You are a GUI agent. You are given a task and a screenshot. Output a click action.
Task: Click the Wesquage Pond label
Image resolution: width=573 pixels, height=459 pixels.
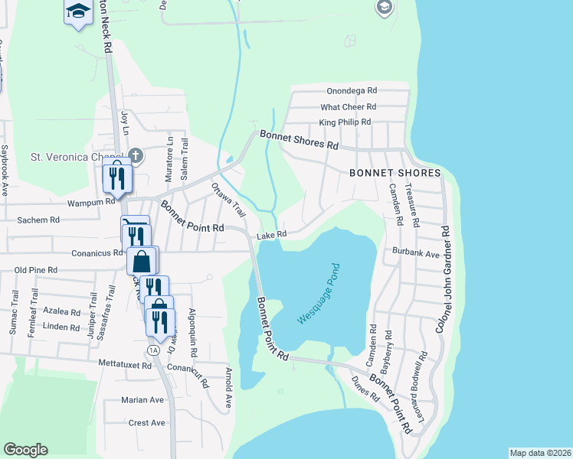319,293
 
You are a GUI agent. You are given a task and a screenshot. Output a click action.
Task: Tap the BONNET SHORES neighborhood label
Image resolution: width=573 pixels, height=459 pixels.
395,173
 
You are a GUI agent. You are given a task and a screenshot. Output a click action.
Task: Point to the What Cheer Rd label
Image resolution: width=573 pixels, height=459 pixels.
349,107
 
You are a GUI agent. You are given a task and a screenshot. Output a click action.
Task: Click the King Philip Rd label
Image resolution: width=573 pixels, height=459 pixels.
345,122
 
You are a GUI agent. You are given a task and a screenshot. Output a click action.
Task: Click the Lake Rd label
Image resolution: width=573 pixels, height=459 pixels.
271,235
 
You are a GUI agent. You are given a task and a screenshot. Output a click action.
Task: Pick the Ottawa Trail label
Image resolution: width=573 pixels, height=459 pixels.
227,198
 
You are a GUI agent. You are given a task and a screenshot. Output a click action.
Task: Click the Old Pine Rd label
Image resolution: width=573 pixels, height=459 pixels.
36,270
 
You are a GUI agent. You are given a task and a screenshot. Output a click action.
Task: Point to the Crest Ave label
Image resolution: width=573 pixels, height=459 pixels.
147,422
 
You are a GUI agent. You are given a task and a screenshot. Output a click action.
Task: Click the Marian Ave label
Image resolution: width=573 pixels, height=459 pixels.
142,399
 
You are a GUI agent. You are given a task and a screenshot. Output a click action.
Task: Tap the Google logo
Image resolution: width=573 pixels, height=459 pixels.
25,450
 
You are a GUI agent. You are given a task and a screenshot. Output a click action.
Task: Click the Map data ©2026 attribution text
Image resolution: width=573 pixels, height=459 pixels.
540,453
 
